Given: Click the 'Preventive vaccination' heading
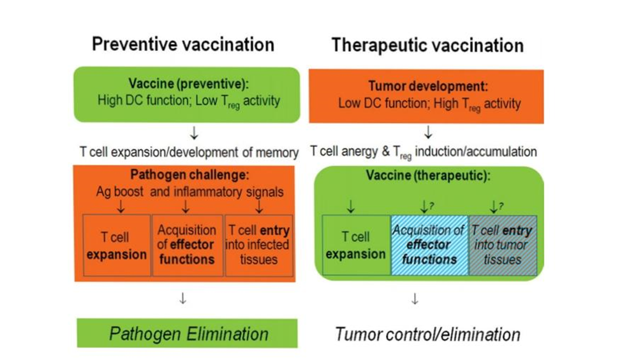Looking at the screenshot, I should pyautogui.click(x=183, y=44).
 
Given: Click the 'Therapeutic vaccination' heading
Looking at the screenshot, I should pyautogui.click(x=427, y=45).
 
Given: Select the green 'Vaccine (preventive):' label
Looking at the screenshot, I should pyautogui.click(x=188, y=84).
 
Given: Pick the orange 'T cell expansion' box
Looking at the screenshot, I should pyautogui.click(x=117, y=246).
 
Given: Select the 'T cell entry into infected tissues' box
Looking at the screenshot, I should pyautogui.click(x=258, y=246).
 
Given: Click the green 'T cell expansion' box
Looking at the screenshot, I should pyautogui.click(x=356, y=246).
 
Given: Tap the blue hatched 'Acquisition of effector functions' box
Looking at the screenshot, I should pyautogui.click(x=429, y=244).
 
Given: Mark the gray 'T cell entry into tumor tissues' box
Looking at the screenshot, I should pyautogui.click(x=500, y=244).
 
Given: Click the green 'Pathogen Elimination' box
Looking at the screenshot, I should pyautogui.click(x=188, y=333).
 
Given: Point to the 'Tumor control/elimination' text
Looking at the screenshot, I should pyautogui.click(x=427, y=334).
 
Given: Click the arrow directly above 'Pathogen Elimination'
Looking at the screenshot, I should pyautogui.click(x=182, y=299).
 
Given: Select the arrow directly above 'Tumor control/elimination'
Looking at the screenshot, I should pyautogui.click(x=415, y=298).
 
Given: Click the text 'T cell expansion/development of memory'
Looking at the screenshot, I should pyautogui.click(x=189, y=153).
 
